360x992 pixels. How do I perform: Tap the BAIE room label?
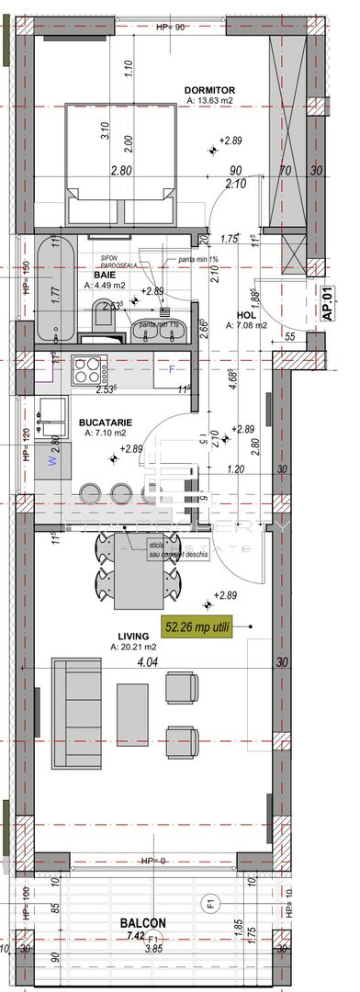click(104, 274)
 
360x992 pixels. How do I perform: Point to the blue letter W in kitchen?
click(52, 463)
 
